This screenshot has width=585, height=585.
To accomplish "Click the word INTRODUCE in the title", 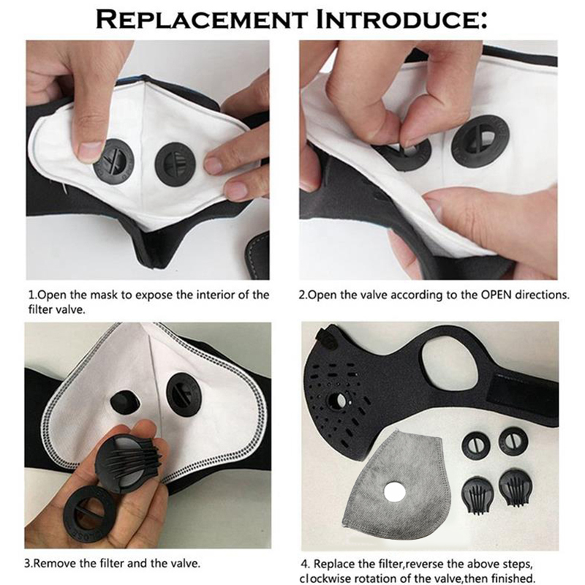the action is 401,19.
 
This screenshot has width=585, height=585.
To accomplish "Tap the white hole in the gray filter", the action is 395,492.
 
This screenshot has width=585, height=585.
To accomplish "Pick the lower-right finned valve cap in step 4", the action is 516,488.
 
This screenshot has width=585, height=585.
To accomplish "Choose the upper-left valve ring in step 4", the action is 476,445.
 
